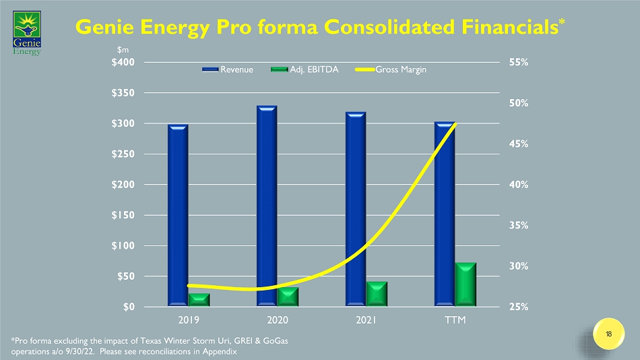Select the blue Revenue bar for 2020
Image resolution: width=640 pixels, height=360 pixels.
267,205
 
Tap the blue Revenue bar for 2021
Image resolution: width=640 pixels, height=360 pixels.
356,208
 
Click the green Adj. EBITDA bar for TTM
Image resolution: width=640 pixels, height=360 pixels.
466,284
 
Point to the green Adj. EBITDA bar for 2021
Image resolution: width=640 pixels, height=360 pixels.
377,293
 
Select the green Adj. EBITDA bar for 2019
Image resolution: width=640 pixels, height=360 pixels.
199,299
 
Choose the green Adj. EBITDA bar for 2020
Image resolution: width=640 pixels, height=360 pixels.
288,297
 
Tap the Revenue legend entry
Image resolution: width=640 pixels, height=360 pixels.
231,69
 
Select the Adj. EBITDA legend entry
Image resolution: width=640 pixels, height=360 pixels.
305,69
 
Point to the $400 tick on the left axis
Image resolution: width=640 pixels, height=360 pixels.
122,62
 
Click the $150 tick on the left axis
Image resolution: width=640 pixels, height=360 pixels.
122,215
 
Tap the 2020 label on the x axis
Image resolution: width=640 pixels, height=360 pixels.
278,318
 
